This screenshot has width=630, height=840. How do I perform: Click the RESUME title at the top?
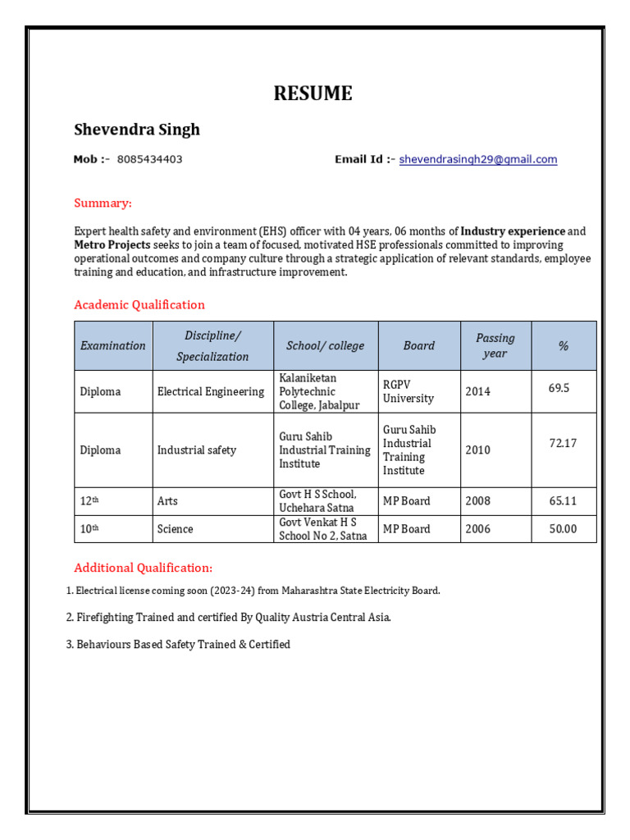coord(313,94)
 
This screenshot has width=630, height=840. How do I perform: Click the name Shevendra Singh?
coord(137,130)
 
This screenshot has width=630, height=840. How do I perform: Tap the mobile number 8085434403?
coord(149,160)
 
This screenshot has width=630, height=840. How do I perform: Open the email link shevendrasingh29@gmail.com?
coord(477,160)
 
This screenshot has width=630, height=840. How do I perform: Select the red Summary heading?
coord(103,203)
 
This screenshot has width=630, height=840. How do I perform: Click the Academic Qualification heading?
coord(139,304)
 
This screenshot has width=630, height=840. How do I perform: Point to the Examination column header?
coord(113,345)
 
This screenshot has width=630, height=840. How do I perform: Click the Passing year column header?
coord(495,345)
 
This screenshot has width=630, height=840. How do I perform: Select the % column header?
coord(563,345)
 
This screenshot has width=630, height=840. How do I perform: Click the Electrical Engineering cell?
coord(211,391)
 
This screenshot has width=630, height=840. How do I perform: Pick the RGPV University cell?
coord(409,391)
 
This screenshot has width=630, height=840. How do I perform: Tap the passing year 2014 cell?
coord(478,391)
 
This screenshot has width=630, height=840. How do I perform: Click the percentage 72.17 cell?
coord(563,443)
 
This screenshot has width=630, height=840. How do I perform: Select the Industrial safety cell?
coord(197,450)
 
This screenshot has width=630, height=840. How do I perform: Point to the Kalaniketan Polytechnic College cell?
coord(320,391)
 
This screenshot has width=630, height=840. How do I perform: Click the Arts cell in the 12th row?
coord(167,501)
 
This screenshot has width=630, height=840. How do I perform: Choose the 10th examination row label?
coord(89,529)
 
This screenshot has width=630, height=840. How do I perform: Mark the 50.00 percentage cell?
coord(563,529)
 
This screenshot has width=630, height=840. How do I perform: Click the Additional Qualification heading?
coord(143,568)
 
